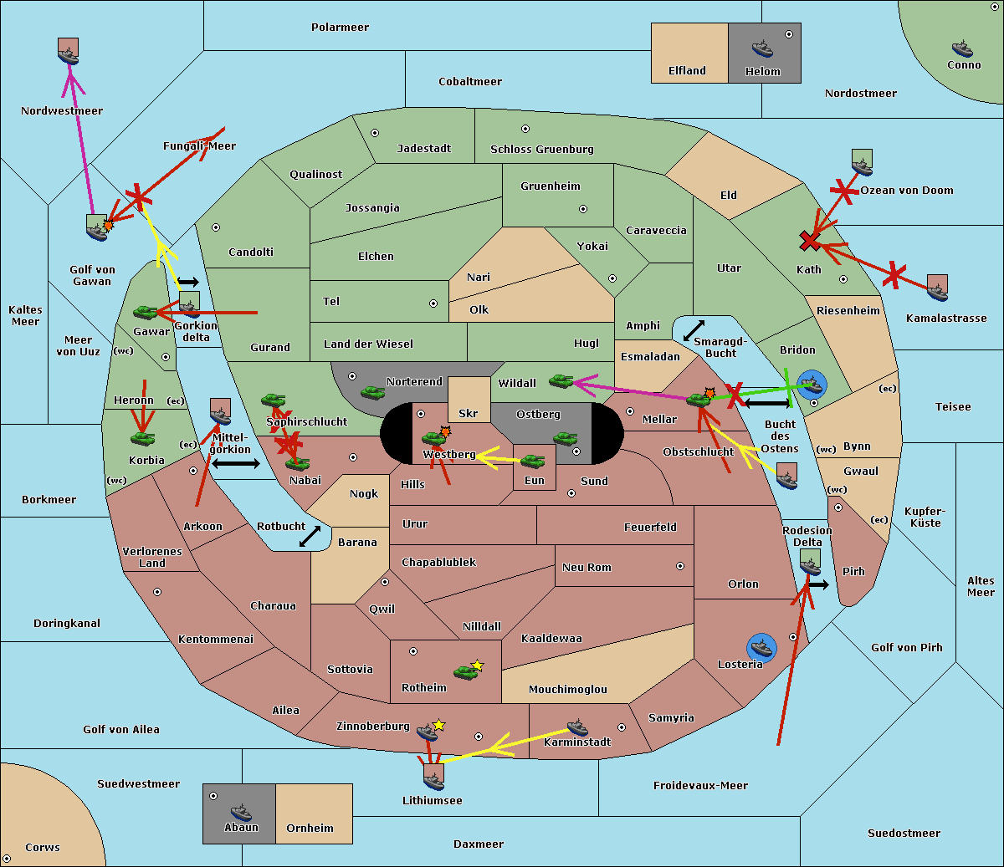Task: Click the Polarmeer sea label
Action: pos(340,28)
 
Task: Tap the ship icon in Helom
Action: pos(761,48)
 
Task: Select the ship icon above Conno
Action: pos(962,48)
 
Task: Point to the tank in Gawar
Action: pos(146,313)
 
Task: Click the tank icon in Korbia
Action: pos(143,438)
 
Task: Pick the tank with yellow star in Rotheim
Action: pos(466,671)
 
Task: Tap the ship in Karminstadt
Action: pos(577,727)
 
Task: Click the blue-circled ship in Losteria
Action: pos(761,647)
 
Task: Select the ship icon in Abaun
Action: pos(241,812)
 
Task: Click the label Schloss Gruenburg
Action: pos(541,150)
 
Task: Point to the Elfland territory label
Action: pos(687,71)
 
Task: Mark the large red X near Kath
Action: pos(809,242)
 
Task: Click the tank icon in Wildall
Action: pos(561,381)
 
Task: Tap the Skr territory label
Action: pos(469,414)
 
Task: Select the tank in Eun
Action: pos(533,461)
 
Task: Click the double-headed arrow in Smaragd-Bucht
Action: pos(694,331)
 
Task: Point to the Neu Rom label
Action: pos(587,568)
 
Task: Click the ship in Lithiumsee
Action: pos(433,778)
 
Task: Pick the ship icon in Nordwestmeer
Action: pos(68,52)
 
